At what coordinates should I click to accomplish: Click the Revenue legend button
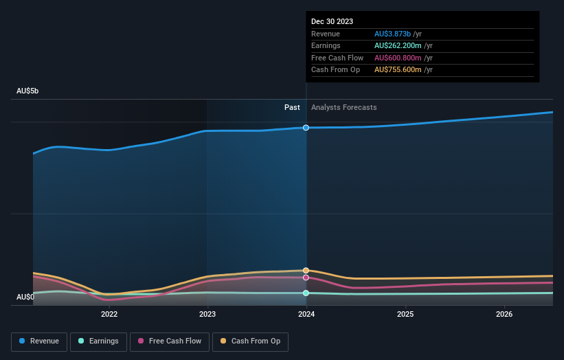tap(40, 341)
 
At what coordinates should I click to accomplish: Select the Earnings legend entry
tap(98, 341)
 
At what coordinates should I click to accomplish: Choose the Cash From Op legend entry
tap(251, 341)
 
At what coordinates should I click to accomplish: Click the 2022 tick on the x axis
tap(109, 314)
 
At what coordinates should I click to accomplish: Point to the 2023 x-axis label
tap(207, 314)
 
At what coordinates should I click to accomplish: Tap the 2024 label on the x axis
tap(306, 314)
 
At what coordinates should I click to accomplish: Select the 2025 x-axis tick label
tap(405, 314)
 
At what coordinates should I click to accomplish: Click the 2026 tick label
tap(504, 314)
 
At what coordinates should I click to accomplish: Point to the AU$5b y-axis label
tap(28, 91)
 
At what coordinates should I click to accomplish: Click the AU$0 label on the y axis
tap(25, 297)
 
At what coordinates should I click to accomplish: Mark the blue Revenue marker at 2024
tap(306, 128)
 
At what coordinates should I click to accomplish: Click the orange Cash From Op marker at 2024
tap(306, 271)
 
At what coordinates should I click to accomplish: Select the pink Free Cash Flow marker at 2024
tap(306, 278)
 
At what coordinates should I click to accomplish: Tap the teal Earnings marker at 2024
tap(306, 293)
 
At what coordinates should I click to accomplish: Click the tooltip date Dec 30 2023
tap(332, 21)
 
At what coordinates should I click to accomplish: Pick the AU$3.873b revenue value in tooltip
tap(392, 34)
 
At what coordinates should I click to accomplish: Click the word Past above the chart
tap(292, 107)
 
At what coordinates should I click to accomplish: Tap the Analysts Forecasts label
tap(343, 107)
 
